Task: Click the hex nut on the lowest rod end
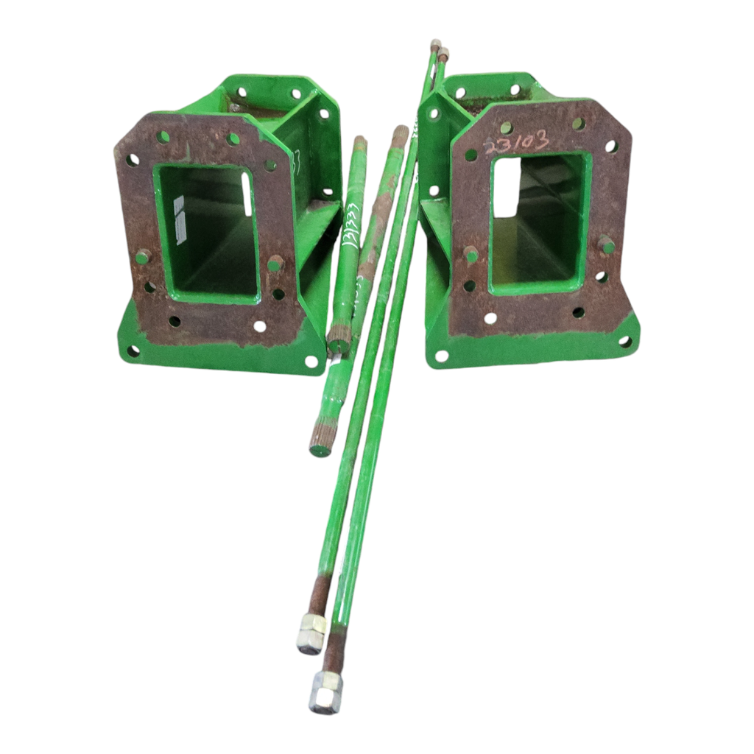324,693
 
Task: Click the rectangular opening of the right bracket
538,221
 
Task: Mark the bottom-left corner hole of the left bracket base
133,350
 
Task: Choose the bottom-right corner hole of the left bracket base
311,362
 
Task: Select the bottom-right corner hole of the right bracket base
625,341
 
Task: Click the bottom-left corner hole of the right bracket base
441,356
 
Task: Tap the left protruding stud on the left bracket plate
142,256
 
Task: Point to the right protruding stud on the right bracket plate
606,244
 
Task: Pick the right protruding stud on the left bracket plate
275,263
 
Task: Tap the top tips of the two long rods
439,49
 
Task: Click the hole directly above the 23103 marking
506,127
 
